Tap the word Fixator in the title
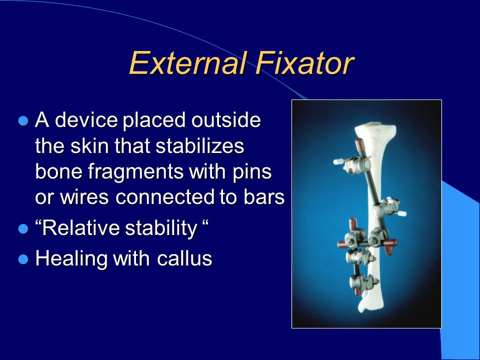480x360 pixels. [305, 63]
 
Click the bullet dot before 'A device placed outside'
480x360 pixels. [23, 120]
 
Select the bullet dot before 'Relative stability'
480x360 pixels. [23, 228]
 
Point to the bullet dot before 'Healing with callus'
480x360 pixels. [23, 259]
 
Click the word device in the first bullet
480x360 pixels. [86, 119]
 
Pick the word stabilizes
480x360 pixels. [199, 145]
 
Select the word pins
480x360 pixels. [252, 172]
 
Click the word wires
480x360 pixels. [84, 197]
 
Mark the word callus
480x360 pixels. [184, 258]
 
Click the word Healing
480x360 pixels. [71, 259]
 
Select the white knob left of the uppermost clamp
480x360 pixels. [338, 161]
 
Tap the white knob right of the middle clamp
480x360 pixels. [401, 213]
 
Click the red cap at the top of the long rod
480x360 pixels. [360, 144]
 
